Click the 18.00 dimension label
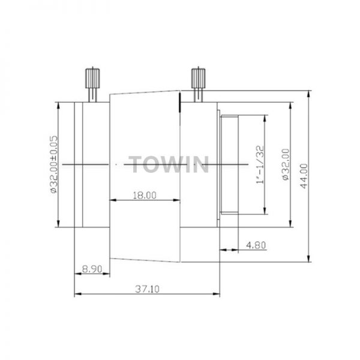(x=145, y=196)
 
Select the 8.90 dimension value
(x=92, y=269)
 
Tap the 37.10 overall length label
(x=147, y=289)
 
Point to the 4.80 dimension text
(x=256, y=245)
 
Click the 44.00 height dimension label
(x=304, y=176)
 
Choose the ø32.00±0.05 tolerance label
(x=53, y=164)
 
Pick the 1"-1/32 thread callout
(x=260, y=164)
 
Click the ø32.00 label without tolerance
(x=286, y=164)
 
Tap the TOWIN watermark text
(x=169, y=164)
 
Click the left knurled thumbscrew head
(x=92, y=78)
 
